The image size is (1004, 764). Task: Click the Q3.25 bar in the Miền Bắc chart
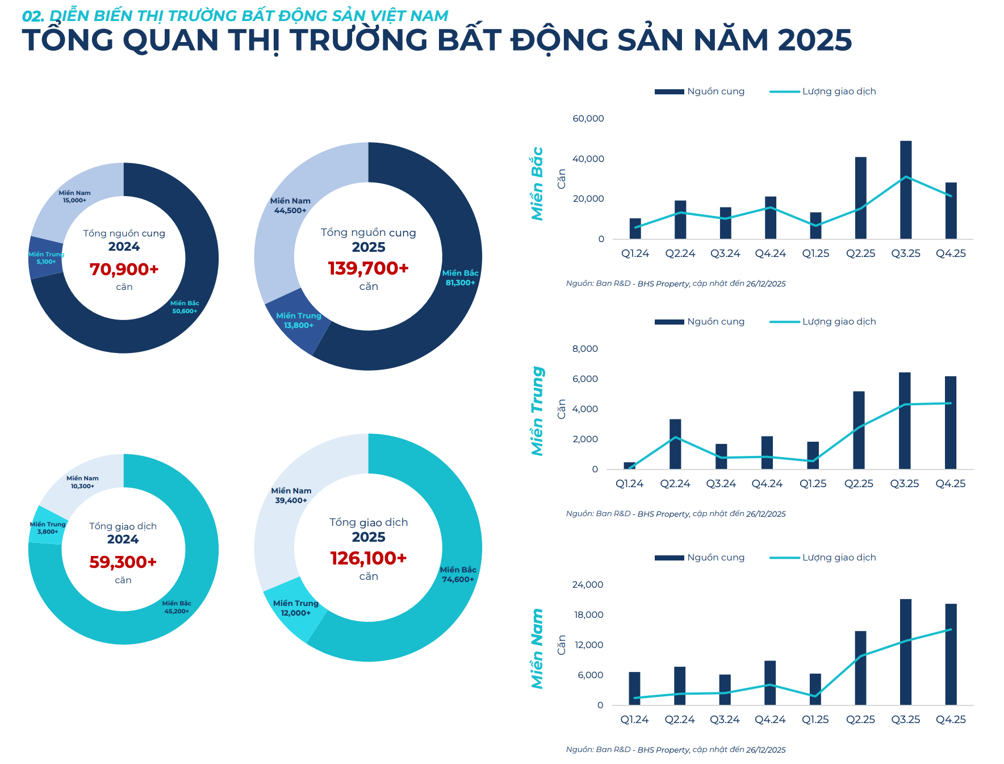pos(906,190)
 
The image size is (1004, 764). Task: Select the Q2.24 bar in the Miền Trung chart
pos(675,444)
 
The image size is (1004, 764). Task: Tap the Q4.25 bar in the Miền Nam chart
pos(951,654)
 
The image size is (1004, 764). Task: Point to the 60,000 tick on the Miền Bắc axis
pos(588,118)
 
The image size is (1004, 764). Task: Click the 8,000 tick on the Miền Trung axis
pos(585,348)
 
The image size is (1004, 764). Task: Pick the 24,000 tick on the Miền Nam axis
pos(587,584)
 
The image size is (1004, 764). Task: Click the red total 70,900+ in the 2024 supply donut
pos(124,269)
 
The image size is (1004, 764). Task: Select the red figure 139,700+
pos(368,268)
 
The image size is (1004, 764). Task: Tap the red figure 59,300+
pos(123,562)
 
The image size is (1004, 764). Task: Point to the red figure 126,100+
pos(368,558)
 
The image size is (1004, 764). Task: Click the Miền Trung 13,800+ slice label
pos(299,321)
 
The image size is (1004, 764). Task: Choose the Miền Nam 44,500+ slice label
pos(290,206)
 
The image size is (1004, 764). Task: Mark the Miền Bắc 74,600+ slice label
pos(458,575)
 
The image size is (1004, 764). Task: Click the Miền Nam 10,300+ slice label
pos(82,482)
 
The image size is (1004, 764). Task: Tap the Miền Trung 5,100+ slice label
pos(47,258)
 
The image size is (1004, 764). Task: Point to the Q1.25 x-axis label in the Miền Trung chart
pos(813,484)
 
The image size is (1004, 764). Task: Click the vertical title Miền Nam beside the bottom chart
pos(537,649)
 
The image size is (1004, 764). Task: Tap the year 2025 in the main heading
pos(814,40)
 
